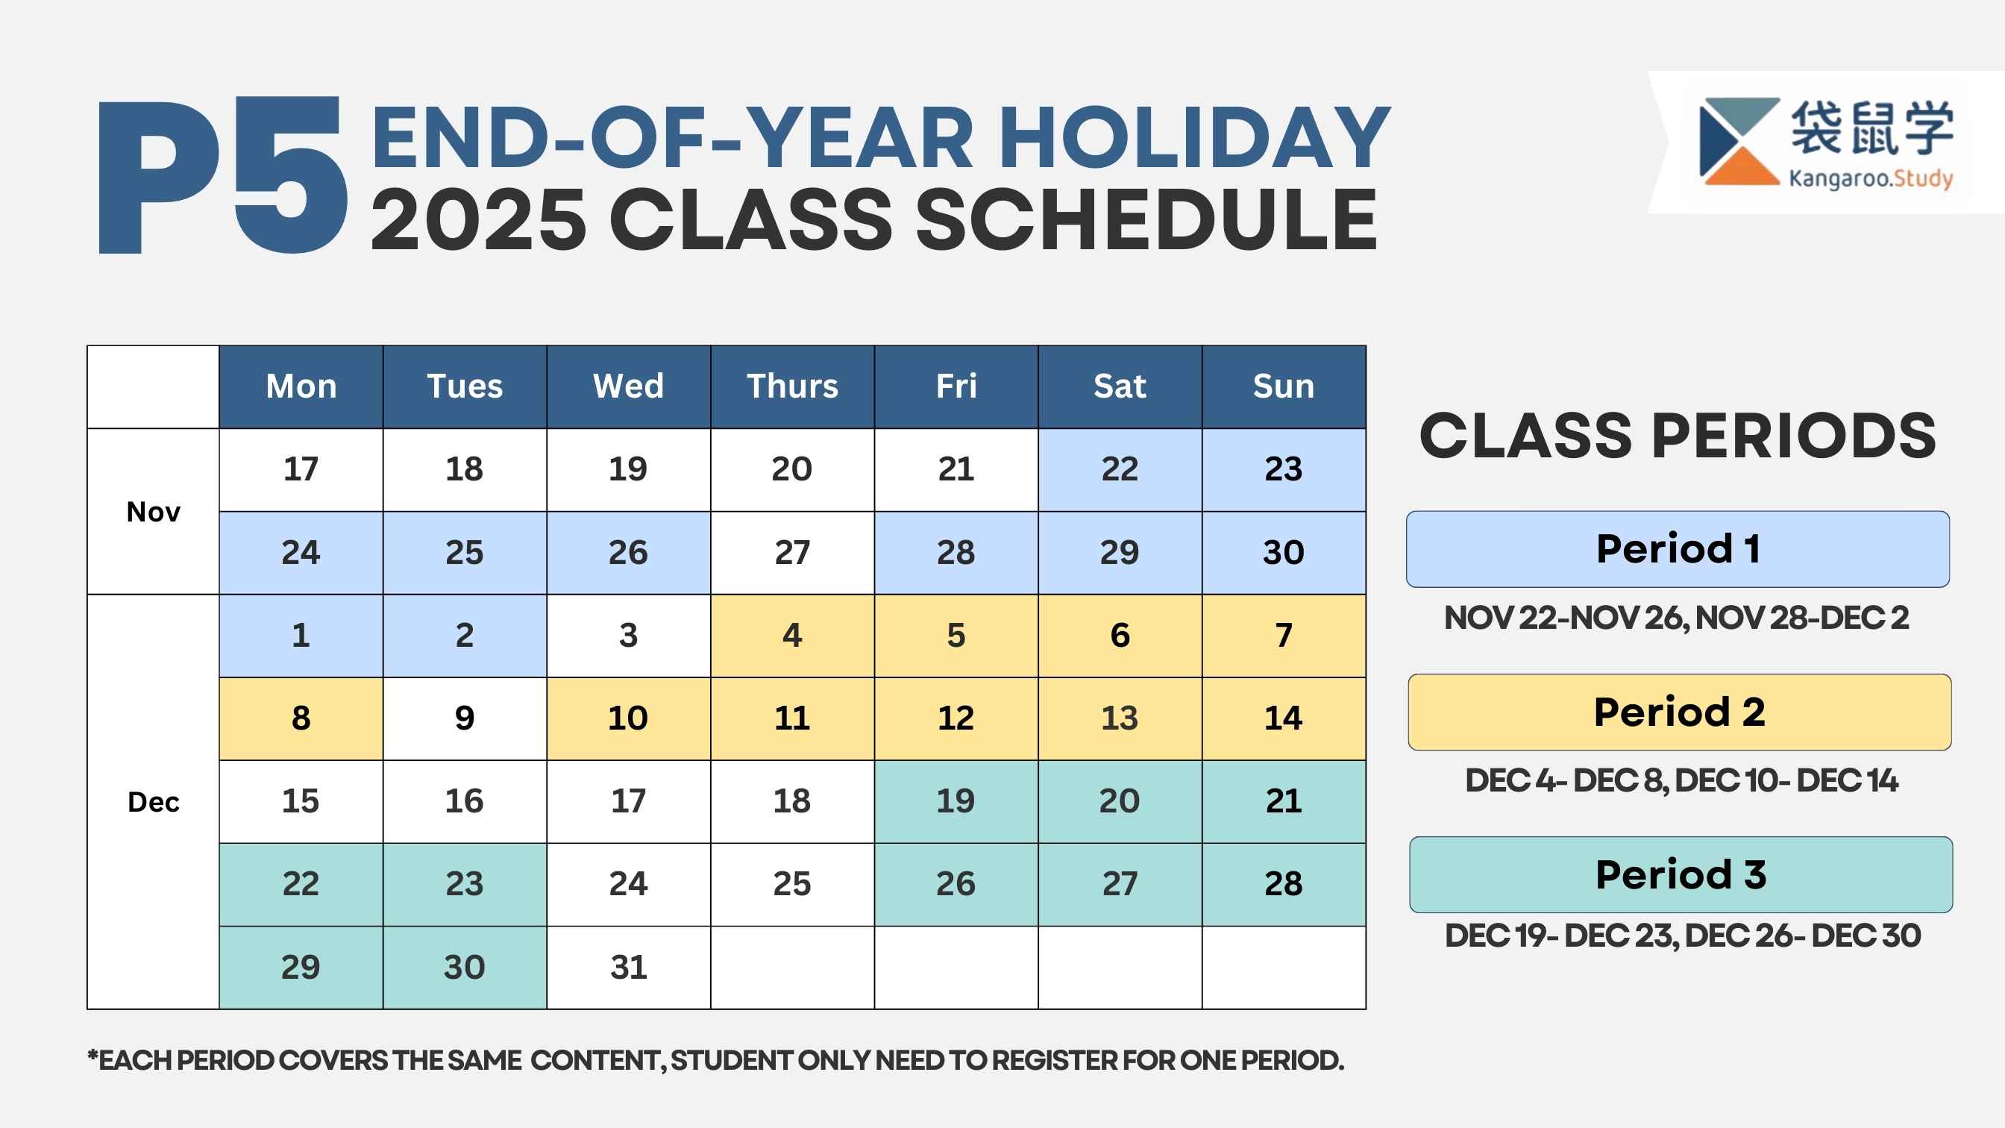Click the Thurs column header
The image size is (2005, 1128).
pyautogui.click(x=792, y=387)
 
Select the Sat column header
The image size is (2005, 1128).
pyautogui.click(x=1120, y=387)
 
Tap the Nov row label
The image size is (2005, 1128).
pyautogui.click(x=154, y=512)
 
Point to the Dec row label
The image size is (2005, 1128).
pyautogui.click(x=154, y=802)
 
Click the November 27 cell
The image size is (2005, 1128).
pyautogui.click(x=792, y=553)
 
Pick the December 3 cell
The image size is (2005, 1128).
pyautogui.click(x=628, y=635)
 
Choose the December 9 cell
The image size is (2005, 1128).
pyautogui.click(x=465, y=718)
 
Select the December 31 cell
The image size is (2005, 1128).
pyautogui.click(x=628, y=968)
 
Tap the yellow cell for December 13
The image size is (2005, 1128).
pyautogui.click(x=1120, y=718)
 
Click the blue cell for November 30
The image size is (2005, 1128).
pyautogui.click(x=1284, y=553)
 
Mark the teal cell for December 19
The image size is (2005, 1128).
pyautogui.click(x=956, y=801)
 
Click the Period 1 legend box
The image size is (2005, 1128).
pyautogui.click(x=1678, y=549)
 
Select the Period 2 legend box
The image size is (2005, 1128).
pyautogui.click(x=1680, y=712)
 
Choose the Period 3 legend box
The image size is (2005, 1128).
pyautogui.click(x=1681, y=874)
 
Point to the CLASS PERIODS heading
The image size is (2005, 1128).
pyautogui.click(x=1678, y=435)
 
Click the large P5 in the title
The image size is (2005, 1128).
pyautogui.click(x=222, y=175)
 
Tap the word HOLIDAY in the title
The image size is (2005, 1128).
pyautogui.click(x=1194, y=138)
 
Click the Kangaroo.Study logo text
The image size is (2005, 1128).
pyautogui.click(x=1870, y=178)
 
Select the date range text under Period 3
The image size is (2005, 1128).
pyautogui.click(x=1683, y=936)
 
